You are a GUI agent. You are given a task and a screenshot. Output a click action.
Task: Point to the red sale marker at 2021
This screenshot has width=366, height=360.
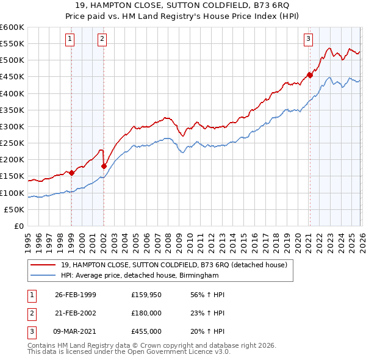pyautogui.click(x=310, y=75)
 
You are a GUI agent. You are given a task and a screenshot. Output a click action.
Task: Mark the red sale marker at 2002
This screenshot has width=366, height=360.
pyautogui.click(x=104, y=166)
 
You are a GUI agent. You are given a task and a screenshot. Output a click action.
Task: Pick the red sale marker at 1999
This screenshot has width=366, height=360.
pyautogui.click(x=72, y=173)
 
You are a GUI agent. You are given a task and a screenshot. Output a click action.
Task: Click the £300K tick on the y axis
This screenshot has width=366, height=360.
pyautogui.click(x=12, y=126)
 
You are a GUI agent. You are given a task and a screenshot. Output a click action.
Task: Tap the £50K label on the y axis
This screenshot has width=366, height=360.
pyautogui.click(x=15, y=209)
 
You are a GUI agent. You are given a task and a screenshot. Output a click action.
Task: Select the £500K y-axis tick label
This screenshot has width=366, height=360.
pyautogui.click(x=12, y=60)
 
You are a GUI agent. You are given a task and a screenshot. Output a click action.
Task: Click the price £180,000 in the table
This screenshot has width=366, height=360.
pyautogui.click(x=146, y=313)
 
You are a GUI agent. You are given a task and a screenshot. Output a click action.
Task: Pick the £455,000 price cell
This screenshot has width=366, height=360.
pyautogui.click(x=146, y=331)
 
